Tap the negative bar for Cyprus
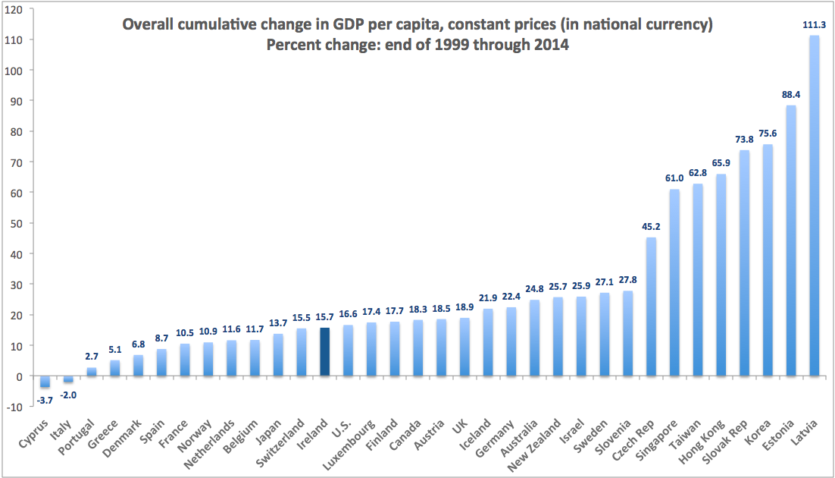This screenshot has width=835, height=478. pyautogui.click(x=44, y=381)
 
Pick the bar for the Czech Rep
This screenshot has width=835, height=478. pyautogui.click(x=651, y=307)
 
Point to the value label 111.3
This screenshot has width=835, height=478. pyautogui.click(x=815, y=25)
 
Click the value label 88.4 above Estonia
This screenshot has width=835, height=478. pyautogui.click(x=791, y=96)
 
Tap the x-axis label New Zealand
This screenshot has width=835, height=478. pyautogui.click(x=540, y=445)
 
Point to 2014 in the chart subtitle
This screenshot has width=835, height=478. pyautogui.click(x=553, y=45)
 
